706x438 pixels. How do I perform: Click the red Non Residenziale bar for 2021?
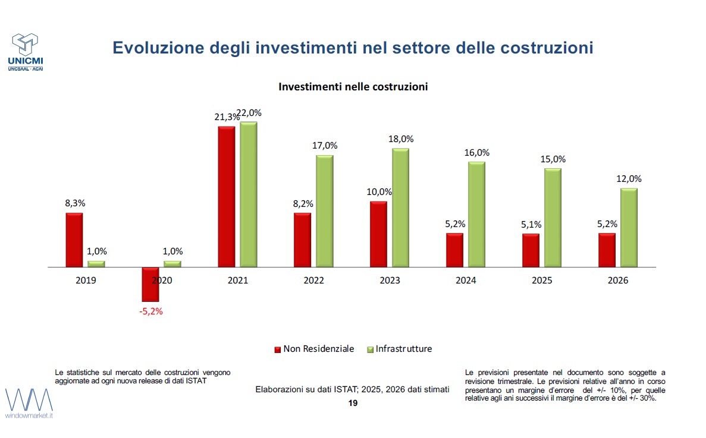tap(227, 197)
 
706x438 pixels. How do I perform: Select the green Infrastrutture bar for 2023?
tap(400, 207)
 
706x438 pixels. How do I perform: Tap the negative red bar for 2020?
tap(150, 284)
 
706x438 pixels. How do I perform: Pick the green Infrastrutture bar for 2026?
tap(629, 228)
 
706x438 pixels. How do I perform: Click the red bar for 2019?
tap(74, 240)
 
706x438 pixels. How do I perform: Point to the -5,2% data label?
tap(150, 311)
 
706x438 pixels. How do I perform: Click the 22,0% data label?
tap(250, 113)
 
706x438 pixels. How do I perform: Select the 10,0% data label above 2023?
tap(379, 191)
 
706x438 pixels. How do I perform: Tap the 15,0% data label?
tap(553, 159)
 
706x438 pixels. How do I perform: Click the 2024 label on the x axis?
tap(466, 281)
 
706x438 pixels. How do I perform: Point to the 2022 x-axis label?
tap(314, 281)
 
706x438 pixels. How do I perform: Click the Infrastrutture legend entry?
tap(400, 349)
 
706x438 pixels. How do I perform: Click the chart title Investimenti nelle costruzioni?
tap(353, 87)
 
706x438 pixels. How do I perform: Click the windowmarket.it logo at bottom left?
tap(29, 403)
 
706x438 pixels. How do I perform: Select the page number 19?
tap(353, 403)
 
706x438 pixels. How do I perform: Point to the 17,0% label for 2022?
tap(325, 145)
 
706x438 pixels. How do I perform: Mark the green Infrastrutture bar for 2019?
tap(96, 264)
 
